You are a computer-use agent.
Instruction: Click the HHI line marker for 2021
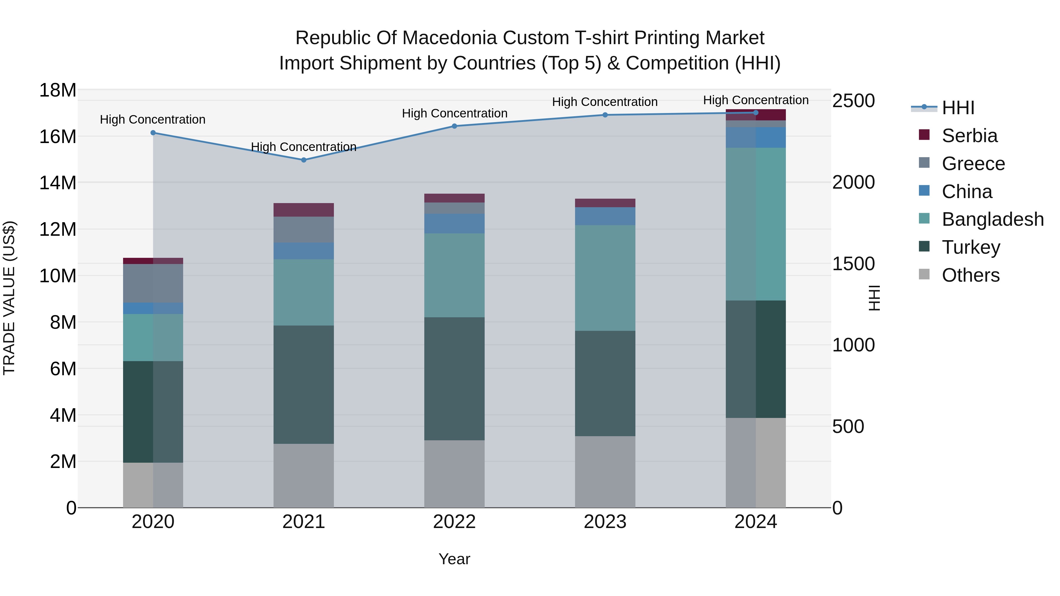coord(304,160)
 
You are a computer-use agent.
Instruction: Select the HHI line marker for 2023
coord(605,115)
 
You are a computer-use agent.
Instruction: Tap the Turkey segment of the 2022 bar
coord(454,378)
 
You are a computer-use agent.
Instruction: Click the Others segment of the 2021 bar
coord(304,476)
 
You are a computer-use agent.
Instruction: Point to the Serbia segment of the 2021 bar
coord(304,210)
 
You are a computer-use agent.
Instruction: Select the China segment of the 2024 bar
coord(756,137)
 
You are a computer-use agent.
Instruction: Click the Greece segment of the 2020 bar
coord(153,283)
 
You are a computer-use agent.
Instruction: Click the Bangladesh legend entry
coord(992,219)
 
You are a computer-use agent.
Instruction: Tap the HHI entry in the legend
coord(958,108)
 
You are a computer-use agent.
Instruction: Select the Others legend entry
coord(970,275)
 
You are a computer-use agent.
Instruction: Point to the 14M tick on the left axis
coord(58,182)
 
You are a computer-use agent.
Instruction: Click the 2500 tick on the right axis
coord(853,101)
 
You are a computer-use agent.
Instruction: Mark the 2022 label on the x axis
coord(454,522)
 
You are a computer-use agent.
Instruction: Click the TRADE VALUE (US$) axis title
coord(9,298)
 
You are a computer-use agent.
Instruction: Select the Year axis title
coord(454,559)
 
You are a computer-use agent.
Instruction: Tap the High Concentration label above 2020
coord(153,120)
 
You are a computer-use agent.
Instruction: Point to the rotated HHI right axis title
coord(874,298)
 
